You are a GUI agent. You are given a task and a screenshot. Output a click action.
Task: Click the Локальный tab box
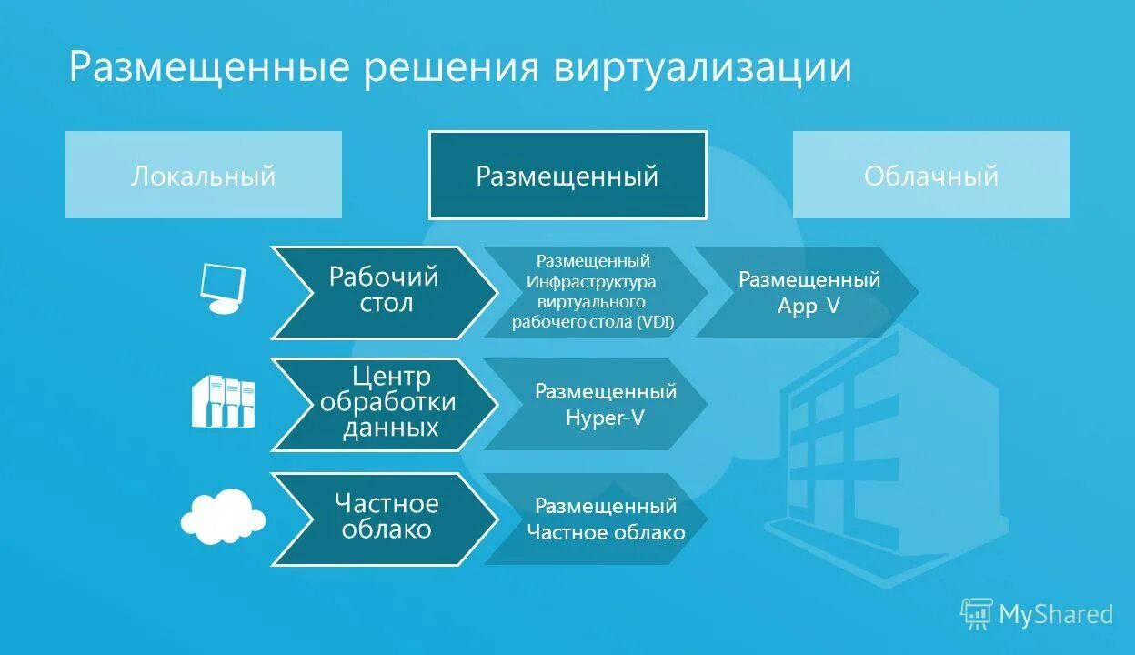point(203,175)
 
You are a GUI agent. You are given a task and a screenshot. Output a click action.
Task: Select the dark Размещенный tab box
point(567,175)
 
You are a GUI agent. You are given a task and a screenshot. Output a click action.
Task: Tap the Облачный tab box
point(930,175)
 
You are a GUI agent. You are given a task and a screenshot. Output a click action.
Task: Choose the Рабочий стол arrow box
point(382,291)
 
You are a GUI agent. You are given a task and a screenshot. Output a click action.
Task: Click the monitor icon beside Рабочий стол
point(223,288)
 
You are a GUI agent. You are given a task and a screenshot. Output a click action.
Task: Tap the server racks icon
point(223,401)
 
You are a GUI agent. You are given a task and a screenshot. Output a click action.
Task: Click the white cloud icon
point(223,516)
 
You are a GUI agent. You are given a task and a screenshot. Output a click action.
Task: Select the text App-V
point(809,307)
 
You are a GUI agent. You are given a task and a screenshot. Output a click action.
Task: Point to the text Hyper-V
point(605,418)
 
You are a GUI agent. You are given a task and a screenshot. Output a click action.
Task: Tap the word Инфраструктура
point(591,281)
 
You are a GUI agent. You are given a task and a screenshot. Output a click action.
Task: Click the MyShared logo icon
point(976,614)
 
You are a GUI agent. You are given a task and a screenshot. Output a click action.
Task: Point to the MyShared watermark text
point(1056,615)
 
